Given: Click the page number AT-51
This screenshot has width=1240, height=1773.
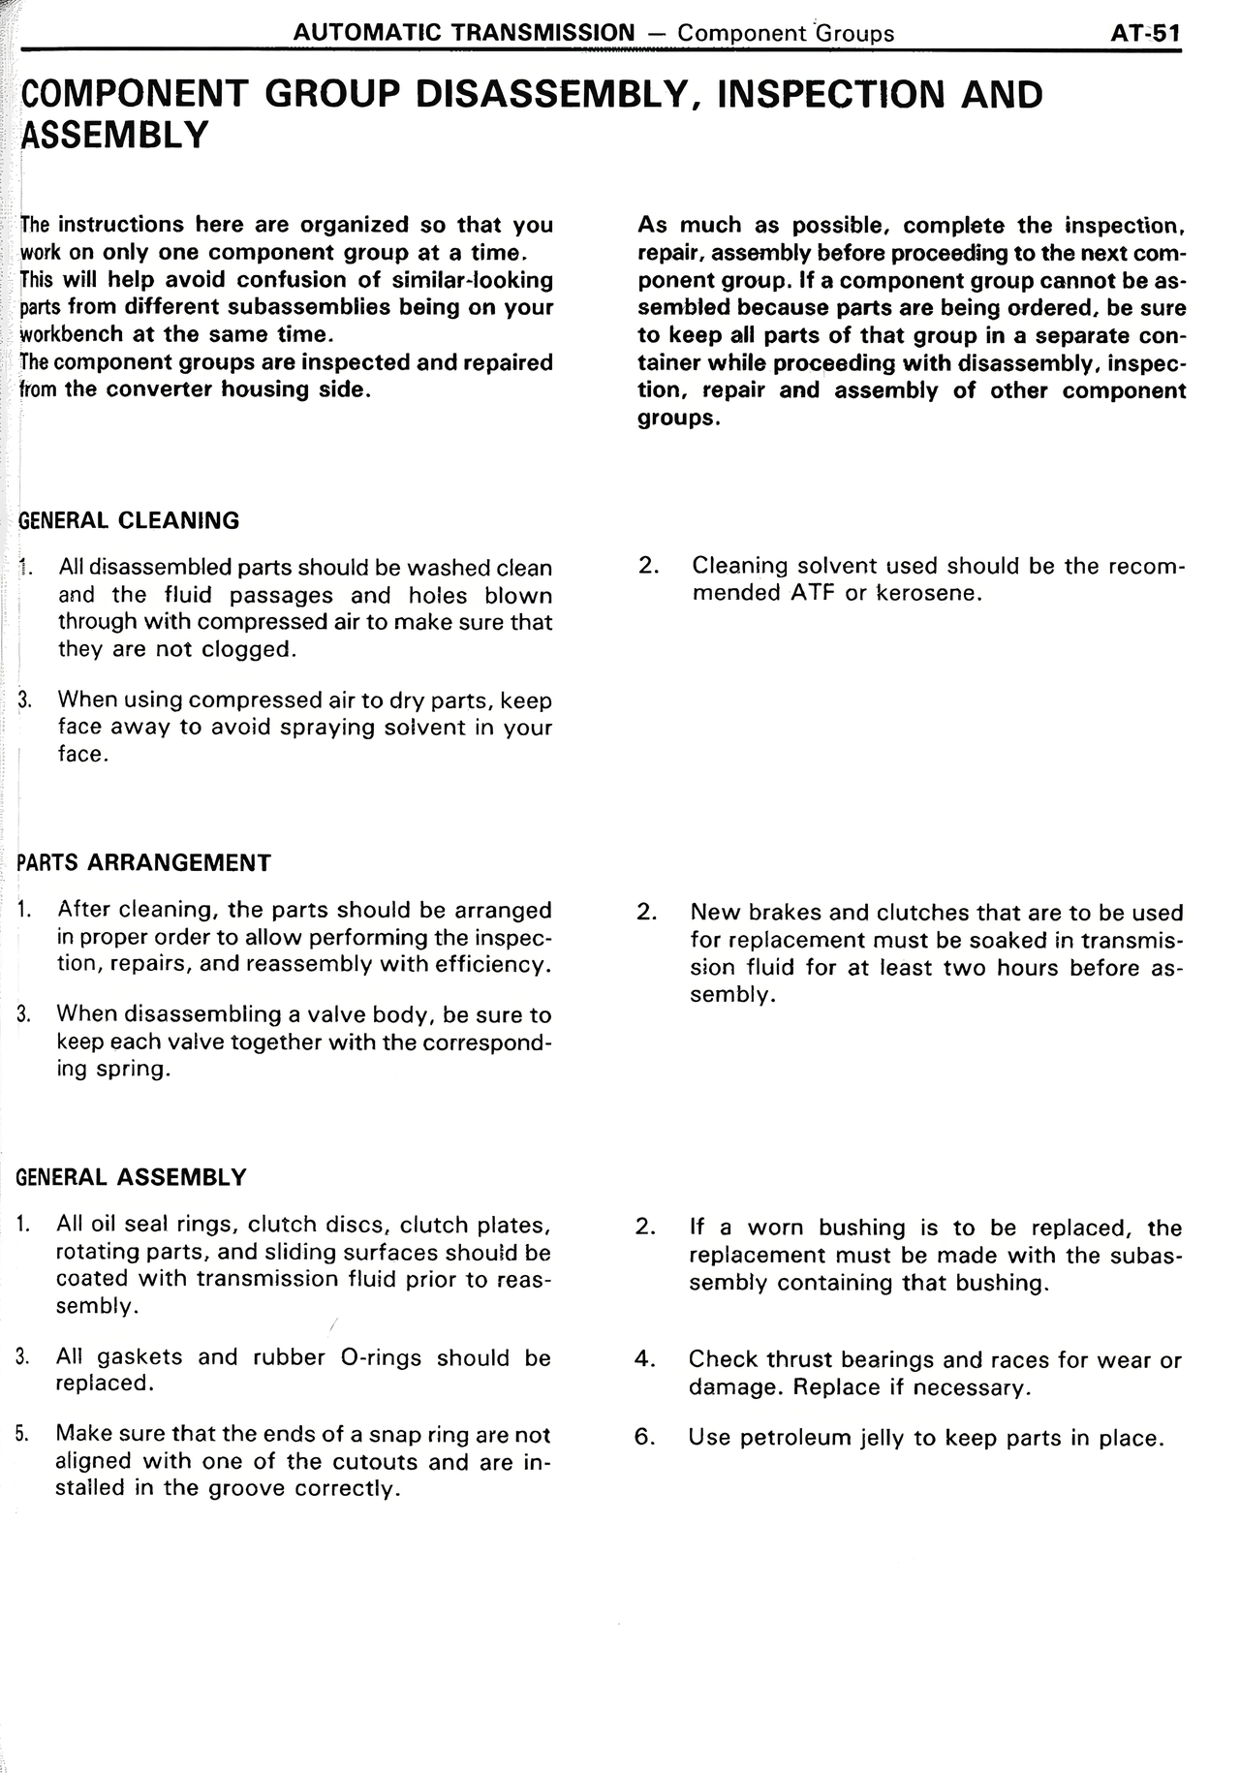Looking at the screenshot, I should point(1145,33).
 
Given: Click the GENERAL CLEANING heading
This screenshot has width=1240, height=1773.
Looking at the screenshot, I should point(129,520).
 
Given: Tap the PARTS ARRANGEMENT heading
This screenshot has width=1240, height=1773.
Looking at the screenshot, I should point(144,862).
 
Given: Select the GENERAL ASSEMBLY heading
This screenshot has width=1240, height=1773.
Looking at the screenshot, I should point(132,1177).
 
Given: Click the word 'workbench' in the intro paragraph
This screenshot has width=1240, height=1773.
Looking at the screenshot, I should point(72,335).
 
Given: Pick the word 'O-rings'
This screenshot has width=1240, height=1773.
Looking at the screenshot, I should point(382,1357).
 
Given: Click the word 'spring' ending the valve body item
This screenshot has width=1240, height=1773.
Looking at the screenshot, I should point(137,1070).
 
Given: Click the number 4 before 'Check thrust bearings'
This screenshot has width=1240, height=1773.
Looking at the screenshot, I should point(644,1359).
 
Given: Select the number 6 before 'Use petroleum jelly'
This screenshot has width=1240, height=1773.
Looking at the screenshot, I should point(644,1437).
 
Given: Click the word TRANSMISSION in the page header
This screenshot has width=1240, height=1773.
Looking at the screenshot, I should point(543,33).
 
